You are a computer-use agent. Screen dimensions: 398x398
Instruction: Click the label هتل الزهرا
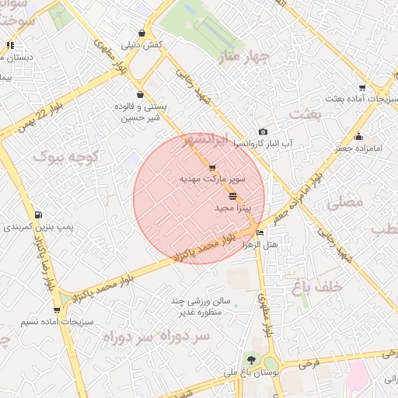coord(261,244)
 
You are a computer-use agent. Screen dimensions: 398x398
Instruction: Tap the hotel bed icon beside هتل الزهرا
coord(260,232)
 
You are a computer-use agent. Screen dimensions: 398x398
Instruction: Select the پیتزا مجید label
coord(232,209)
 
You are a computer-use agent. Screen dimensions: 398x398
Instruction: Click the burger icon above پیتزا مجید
coord(232,197)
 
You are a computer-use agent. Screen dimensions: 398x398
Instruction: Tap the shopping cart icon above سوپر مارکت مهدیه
coord(212,168)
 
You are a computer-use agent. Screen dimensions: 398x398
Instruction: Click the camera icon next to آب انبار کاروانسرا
coord(263,132)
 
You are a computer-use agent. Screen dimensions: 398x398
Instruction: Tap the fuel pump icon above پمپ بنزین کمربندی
coord(39,215)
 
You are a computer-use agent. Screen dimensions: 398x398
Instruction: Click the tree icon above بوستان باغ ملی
coord(250,359)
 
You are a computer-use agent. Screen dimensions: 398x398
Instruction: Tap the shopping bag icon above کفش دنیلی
coord(141,33)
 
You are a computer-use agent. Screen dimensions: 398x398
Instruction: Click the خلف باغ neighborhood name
coord(317,287)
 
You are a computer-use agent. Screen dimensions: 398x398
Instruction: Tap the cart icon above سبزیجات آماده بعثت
coord(362,88)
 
